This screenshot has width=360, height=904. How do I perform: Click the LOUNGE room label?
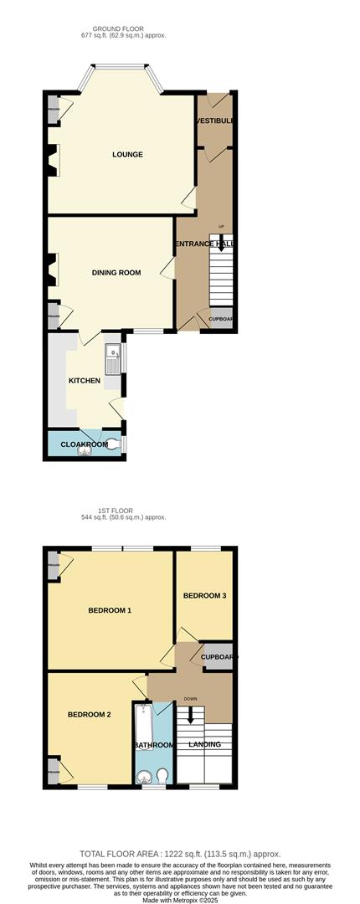(x=127, y=155)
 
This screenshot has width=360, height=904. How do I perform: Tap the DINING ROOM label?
(x=116, y=273)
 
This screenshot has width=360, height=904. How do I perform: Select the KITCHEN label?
(x=85, y=381)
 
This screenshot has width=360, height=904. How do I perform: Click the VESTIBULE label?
(x=215, y=121)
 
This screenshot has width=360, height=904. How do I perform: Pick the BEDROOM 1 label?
(x=110, y=610)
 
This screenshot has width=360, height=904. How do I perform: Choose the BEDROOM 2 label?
(x=90, y=714)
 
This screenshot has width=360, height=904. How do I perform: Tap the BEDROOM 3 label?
(x=205, y=596)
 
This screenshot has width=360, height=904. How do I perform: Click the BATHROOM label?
(x=153, y=745)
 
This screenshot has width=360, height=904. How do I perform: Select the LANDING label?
(x=205, y=744)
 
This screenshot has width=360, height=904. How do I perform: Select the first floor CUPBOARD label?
(x=218, y=657)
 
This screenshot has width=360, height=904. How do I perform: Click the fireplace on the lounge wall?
(x=54, y=160)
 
